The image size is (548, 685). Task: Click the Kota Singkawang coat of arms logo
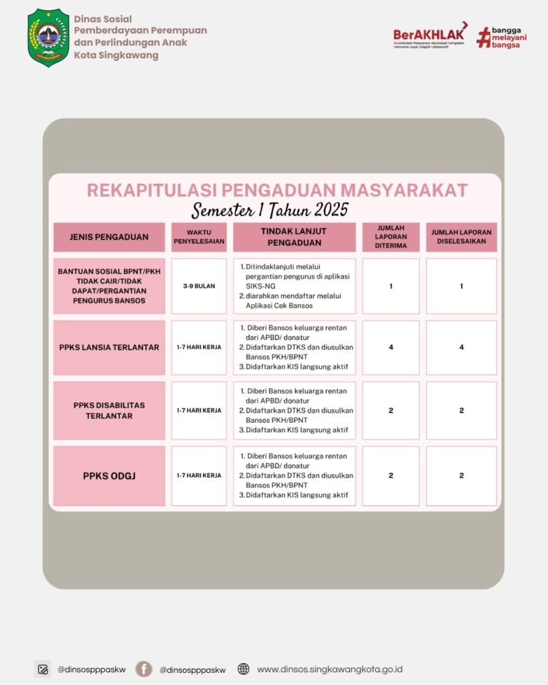(48, 37)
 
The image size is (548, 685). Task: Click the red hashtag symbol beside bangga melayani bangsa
(483, 37)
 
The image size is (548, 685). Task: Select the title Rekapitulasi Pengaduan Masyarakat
(277, 190)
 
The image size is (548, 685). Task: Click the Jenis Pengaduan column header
(109, 237)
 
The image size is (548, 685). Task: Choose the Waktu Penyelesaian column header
(199, 237)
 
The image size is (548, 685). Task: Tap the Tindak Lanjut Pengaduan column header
(294, 237)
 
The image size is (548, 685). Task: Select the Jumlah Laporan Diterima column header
(391, 237)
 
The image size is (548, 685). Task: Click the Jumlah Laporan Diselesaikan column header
(461, 237)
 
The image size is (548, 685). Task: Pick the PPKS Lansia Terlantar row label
(109, 347)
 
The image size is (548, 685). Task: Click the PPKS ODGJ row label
(109, 476)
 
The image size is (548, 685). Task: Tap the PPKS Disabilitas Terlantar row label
(109, 410)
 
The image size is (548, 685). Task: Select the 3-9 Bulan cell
(199, 286)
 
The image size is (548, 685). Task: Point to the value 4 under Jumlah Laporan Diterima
(391, 347)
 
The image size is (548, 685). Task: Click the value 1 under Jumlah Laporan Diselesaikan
(461, 286)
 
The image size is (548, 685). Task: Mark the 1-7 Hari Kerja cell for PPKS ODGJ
(199, 476)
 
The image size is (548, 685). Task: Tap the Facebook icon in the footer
(143, 669)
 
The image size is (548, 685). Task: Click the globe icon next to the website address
(244, 669)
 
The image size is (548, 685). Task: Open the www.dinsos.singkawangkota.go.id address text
(329, 669)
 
